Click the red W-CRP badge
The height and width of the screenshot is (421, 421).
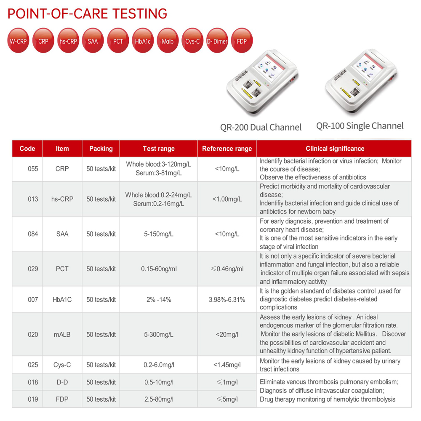click(18, 41)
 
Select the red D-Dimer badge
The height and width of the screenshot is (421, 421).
click(217, 41)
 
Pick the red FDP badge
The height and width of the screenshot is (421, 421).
click(242, 41)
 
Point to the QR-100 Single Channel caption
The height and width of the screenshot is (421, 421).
click(360, 126)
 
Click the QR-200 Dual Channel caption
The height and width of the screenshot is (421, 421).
click(261, 127)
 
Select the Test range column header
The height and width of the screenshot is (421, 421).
click(159, 149)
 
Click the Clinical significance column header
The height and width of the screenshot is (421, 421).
click(335, 149)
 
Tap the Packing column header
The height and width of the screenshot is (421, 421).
click(101, 149)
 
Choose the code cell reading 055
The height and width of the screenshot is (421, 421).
click(33, 169)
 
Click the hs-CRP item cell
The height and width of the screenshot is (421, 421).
click(62, 199)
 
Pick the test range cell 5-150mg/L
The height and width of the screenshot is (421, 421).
click(159, 234)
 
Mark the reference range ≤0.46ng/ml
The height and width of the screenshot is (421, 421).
click(227, 269)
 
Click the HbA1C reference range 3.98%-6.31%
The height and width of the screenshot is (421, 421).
click(227, 299)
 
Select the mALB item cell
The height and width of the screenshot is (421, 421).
click(62, 334)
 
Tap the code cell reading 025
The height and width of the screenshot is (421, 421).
click(33, 365)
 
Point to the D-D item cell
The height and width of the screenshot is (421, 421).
click(62, 382)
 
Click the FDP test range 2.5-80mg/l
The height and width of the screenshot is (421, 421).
click(159, 399)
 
